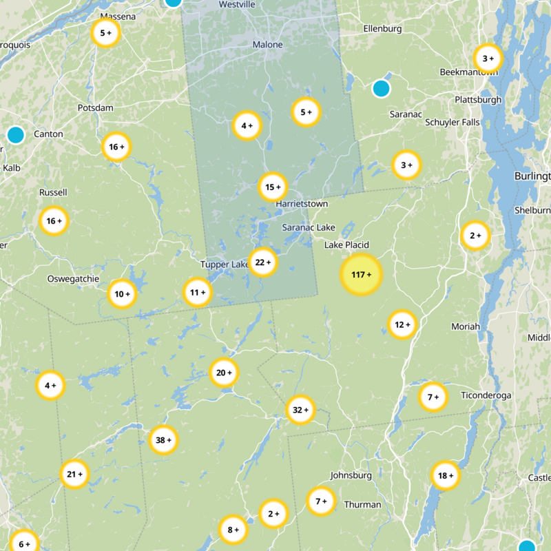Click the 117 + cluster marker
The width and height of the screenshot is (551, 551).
pos(361,274)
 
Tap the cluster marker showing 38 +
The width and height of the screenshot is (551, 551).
pos(164,440)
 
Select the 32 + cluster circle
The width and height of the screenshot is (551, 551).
pos(300,410)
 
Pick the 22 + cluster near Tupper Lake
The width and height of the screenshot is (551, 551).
pos(263,262)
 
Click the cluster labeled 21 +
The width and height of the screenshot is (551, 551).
pos(75,474)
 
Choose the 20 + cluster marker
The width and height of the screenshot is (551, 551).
pos(224,373)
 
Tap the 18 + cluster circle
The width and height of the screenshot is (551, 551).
pos(446,475)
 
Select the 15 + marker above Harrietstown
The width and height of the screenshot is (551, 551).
pos(273,187)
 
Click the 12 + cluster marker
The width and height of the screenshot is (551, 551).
pos(402,324)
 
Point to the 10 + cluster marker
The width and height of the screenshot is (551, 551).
pos(122,294)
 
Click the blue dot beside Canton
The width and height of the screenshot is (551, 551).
pos(15,134)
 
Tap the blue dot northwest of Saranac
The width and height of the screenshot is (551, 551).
pos(381,88)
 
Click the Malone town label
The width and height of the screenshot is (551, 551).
pos(267,45)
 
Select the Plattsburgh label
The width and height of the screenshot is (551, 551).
pos(478,100)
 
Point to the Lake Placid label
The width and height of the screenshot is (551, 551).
pos(346,245)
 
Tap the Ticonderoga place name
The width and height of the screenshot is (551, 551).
pos(486,395)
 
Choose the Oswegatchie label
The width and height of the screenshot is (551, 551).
pos(73,279)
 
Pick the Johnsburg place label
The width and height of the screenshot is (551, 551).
pos(351,475)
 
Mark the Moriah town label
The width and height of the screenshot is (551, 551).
pos(465,326)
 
